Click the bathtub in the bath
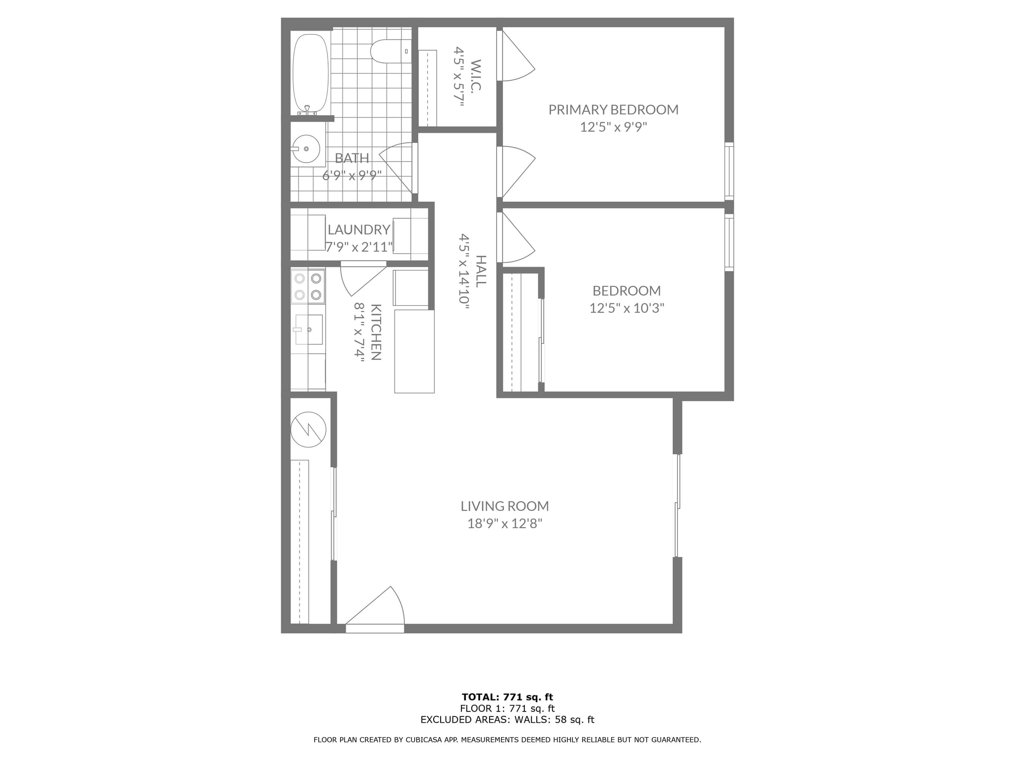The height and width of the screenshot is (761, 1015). tap(311, 74)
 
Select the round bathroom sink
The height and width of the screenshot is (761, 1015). tap(306, 149)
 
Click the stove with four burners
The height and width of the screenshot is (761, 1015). tap(308, 286)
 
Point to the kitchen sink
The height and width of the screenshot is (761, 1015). tap(309, 329)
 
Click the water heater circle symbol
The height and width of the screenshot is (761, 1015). tap(308, 430)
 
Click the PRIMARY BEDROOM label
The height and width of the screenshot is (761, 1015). tap(613, 109)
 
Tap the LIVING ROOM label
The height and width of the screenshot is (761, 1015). tap(505, 506)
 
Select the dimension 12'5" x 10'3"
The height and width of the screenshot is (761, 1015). tap(626, 308)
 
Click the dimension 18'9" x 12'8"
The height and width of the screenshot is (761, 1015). tap(505, 524)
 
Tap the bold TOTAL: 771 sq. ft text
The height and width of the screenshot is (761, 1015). tap(507, 697)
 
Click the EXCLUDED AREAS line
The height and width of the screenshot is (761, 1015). tap(507, 720)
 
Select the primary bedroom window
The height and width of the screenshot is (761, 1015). tap(729, 171)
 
